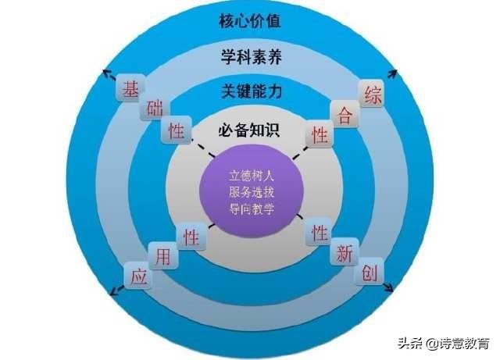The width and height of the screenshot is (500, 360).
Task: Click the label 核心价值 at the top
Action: point(249,21)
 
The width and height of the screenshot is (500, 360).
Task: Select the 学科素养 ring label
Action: point(249,56)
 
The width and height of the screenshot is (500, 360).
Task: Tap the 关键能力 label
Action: point(249,91)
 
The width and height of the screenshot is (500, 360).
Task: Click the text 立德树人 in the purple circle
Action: point(249,176)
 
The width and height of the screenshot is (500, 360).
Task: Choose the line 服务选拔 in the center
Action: point(249,192)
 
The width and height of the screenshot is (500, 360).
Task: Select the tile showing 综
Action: point(371,95)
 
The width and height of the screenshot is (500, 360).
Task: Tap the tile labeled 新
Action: point(344,254)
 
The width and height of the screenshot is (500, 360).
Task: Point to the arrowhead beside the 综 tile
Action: point(393,74)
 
